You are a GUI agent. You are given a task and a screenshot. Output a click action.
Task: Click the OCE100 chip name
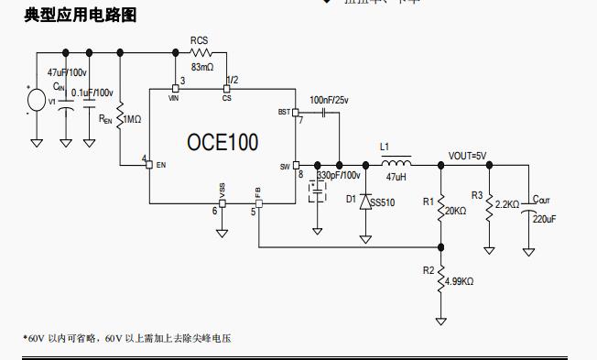223,142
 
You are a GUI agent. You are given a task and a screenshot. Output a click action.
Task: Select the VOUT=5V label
468,156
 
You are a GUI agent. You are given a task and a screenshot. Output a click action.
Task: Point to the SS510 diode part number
383,202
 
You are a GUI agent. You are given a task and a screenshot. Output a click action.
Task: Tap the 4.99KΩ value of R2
461,282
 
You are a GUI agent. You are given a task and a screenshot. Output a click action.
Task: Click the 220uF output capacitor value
544,220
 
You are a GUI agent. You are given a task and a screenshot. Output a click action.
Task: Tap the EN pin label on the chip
160,165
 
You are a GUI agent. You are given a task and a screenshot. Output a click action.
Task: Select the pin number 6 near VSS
215,211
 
